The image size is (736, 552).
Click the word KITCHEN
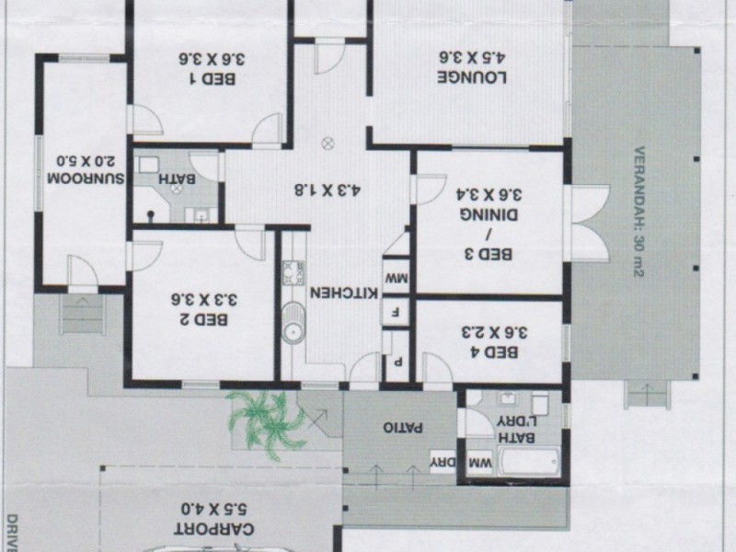[x=343, y=293]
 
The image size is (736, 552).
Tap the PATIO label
[x=400, y=429]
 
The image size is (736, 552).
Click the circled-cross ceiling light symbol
[x=327, y=143]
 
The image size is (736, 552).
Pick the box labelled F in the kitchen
[x=395, y=311]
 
